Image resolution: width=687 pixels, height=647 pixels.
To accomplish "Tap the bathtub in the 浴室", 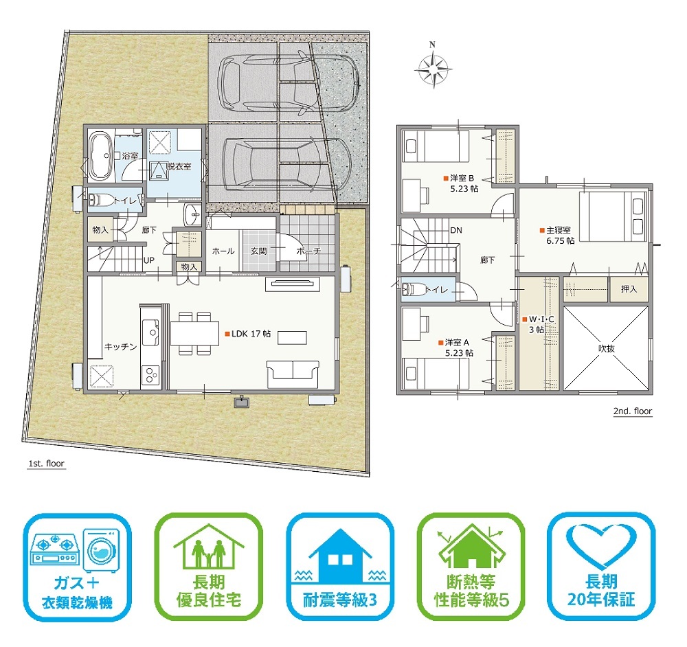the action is [101, 155].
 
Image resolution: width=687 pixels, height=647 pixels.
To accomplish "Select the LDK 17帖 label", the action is [249, 334].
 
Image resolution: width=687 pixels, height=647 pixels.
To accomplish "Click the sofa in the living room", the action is [293, 374].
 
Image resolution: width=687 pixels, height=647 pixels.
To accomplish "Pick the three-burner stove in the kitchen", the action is [150, 375].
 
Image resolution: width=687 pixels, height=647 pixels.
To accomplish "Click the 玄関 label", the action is [258, 251].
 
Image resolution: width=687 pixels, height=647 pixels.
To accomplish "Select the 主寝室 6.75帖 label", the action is [557, 235].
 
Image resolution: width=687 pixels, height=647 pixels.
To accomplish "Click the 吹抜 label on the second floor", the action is [607, 348].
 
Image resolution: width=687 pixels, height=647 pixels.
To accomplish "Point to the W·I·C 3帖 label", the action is [538, 324].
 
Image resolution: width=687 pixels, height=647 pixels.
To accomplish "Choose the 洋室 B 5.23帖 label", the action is [461, 183].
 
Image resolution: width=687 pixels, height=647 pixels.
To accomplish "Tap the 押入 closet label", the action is [629, 288].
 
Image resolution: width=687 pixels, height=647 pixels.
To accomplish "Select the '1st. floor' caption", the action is [47, 464].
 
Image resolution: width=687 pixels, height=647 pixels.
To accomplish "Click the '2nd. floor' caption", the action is [633, 411].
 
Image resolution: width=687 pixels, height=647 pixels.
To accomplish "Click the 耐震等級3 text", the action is [340, 600].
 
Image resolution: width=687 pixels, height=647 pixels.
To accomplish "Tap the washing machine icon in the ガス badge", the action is [102, 549].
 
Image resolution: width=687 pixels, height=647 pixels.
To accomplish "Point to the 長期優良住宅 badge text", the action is [209, 591].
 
